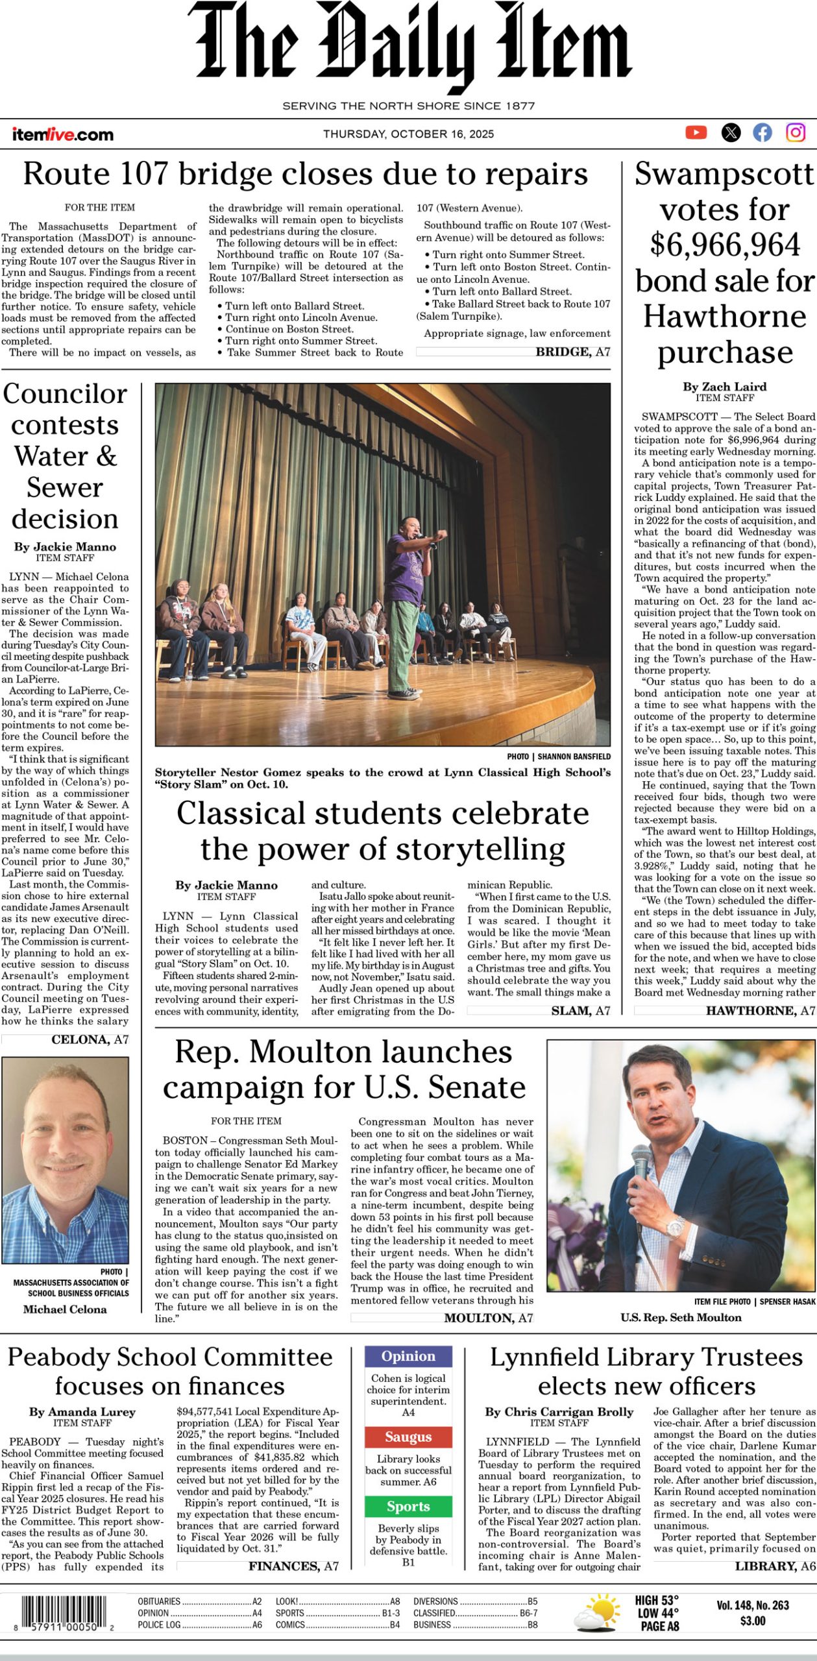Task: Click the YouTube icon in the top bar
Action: coord(696,133)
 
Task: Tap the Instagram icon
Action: coord(796,133)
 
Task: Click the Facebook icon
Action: coord(762,133)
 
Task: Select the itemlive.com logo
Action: coord(62,135)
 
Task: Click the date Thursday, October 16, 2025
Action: coord(408,134)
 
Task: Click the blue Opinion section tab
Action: coord(408,1357)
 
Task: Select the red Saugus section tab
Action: coord(408,1437)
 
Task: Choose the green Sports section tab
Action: coord(408,1507)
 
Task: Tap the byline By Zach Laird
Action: coord(724,387)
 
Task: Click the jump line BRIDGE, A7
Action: coord(572,352)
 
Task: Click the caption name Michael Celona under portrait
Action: coord(65,1309)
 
